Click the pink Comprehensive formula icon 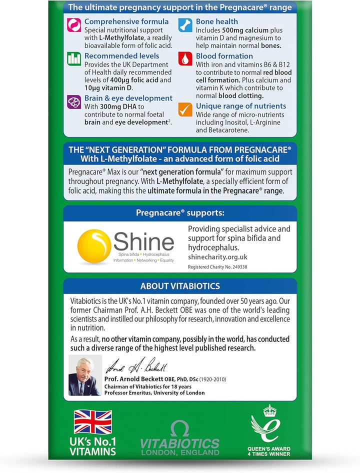click(x=74, y=24)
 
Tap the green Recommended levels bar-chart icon click(x=74, y=58)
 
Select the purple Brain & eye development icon click(x=74, y=101)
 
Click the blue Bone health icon click(x=185, y=24)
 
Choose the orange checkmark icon click(x=185, y=109)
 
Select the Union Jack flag click(x=93, y=421)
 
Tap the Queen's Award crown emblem click(x=270, y=410)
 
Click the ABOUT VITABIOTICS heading click(x=180, y=286)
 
